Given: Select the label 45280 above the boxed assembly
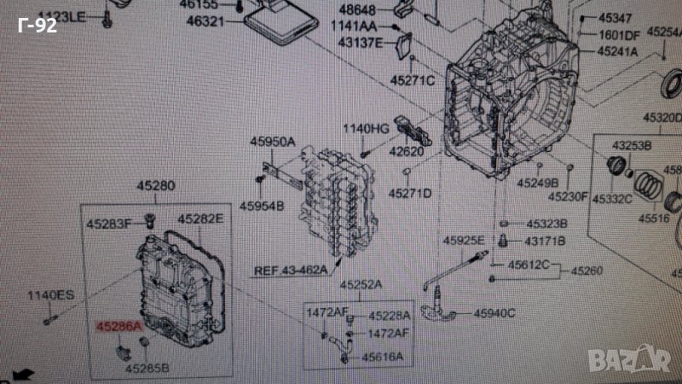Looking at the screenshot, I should click(157, 185).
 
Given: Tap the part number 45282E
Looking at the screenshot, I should click(200, 219).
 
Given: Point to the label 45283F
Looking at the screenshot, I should click(107, 225).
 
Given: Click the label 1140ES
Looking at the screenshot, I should click(51, 296).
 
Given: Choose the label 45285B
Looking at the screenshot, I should click(147, 369).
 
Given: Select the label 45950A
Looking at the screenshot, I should click(272, 142).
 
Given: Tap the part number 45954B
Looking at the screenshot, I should click(262, 206).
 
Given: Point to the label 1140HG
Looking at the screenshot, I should click(366, 130).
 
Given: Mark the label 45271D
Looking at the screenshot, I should click(410, 194).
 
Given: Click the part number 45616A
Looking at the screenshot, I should click(381, 357).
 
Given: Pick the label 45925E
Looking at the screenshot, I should click(464, 240).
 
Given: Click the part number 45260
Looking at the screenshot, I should click(587, 271).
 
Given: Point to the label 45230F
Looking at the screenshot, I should click(568, 197).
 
